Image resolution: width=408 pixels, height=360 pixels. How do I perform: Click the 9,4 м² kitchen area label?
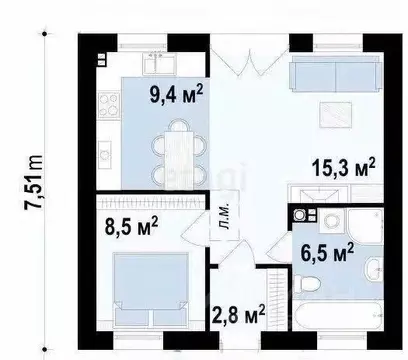click(176, 95)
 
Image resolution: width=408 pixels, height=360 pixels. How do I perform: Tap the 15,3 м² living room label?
click(344, 167)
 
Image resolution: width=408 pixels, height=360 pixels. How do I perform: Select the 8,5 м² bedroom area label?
click(131, 226)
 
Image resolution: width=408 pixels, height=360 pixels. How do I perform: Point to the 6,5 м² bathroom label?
click(327, 253)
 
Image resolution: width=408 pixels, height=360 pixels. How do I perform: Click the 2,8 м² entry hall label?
click(239, 314)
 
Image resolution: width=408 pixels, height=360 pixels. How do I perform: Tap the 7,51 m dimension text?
click(34, 182)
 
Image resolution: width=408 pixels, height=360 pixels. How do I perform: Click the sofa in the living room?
click(336, 73)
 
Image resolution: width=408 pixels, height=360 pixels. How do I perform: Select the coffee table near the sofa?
click(335, 115)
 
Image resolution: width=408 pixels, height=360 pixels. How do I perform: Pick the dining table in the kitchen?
click(179, 158)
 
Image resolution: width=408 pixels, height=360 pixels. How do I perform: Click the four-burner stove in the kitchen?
click(109, 106)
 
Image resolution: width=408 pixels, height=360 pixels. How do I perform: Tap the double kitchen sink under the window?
click(159, 63)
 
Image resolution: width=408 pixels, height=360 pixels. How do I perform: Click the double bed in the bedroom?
click(151, 290)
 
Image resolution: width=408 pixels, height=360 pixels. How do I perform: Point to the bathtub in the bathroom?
click(338, 316)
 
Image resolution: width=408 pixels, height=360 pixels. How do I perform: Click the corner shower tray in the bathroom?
click(366, 226)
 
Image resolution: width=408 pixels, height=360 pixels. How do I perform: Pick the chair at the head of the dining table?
click(179, 125)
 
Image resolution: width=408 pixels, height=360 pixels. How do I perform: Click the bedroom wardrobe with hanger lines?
click(151, 202)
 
